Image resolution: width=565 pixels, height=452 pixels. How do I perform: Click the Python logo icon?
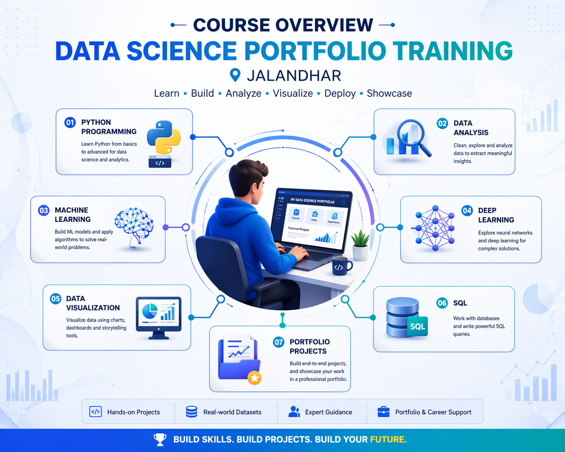(164, 137)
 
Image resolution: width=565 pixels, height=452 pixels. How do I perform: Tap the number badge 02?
(442, 123)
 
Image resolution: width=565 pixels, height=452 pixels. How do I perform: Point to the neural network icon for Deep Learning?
(435, 228)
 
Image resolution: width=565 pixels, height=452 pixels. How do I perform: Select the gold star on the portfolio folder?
(254, 378)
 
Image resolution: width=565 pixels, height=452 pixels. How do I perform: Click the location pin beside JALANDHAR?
(235, 75)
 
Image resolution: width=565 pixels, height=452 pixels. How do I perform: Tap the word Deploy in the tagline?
(340, 93)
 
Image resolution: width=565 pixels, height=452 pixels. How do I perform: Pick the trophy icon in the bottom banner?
(160, 440)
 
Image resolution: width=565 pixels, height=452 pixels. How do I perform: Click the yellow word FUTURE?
(388, 440)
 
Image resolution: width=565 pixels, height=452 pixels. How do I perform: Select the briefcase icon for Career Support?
(383, 412)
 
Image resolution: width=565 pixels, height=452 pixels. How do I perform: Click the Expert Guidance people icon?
(294, 412)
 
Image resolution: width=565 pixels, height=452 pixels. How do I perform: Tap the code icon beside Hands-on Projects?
(96, 412)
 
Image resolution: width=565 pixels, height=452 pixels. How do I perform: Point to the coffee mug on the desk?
(341, 267)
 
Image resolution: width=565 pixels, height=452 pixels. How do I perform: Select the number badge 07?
(279, 342)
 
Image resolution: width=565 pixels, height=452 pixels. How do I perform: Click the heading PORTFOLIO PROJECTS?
(310, 346)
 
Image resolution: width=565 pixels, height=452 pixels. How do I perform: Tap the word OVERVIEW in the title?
(324, 25)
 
